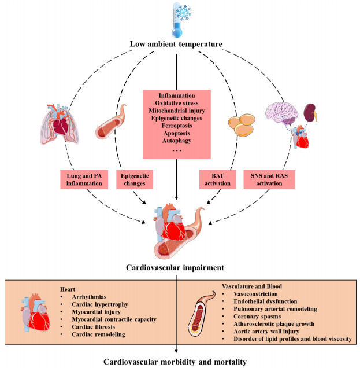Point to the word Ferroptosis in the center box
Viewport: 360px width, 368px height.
click(180, 124)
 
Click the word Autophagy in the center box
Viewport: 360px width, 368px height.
click(180, 141)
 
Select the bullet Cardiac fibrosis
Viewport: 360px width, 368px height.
click(93, 325)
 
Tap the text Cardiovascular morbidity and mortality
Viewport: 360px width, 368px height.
click(180, 361)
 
